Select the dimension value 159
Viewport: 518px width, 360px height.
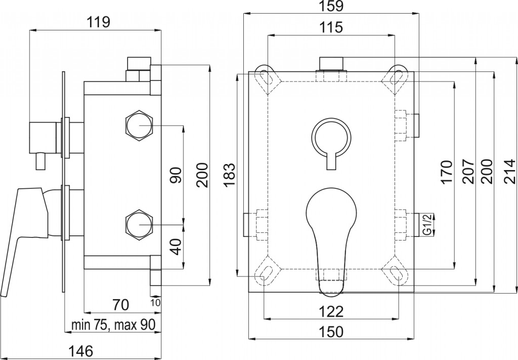pyautogui.click(x=331, y=7)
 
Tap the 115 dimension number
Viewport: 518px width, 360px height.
pyautogui.click(x=331, y=27)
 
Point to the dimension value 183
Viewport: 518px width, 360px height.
pyautogui.click(x=229, y=175)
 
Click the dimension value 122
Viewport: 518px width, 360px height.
pyautogui.click(x=331, y=310)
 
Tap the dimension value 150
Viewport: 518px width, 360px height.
pyautogui.click(x=331, y=332)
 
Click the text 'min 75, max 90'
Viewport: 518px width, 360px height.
pyautogui.click(x=113, y=325)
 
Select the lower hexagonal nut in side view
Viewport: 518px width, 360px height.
pyautogui.click(x=139, y=223)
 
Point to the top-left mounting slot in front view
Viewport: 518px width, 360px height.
pyautogui.click(x=266, y=76)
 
